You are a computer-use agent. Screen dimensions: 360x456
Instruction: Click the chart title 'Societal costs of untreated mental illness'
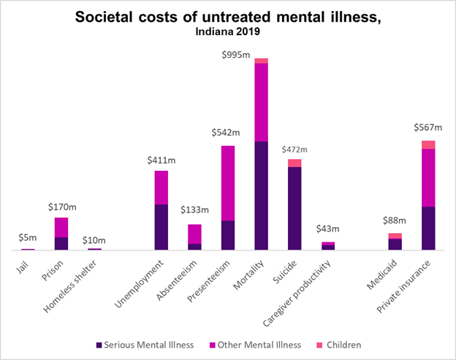228,18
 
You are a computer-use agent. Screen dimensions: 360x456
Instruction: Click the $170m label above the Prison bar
62,207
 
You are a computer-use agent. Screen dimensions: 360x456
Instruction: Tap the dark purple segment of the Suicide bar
294,208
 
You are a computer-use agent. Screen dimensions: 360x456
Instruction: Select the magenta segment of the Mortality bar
261,102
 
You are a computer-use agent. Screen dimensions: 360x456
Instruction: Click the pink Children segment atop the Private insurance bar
428,145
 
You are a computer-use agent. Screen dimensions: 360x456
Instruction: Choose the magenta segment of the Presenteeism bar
228,183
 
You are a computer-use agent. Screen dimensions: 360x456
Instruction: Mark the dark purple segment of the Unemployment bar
161,226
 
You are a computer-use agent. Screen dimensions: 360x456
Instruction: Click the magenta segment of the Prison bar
61,227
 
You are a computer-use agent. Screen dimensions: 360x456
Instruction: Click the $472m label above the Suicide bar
294,150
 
